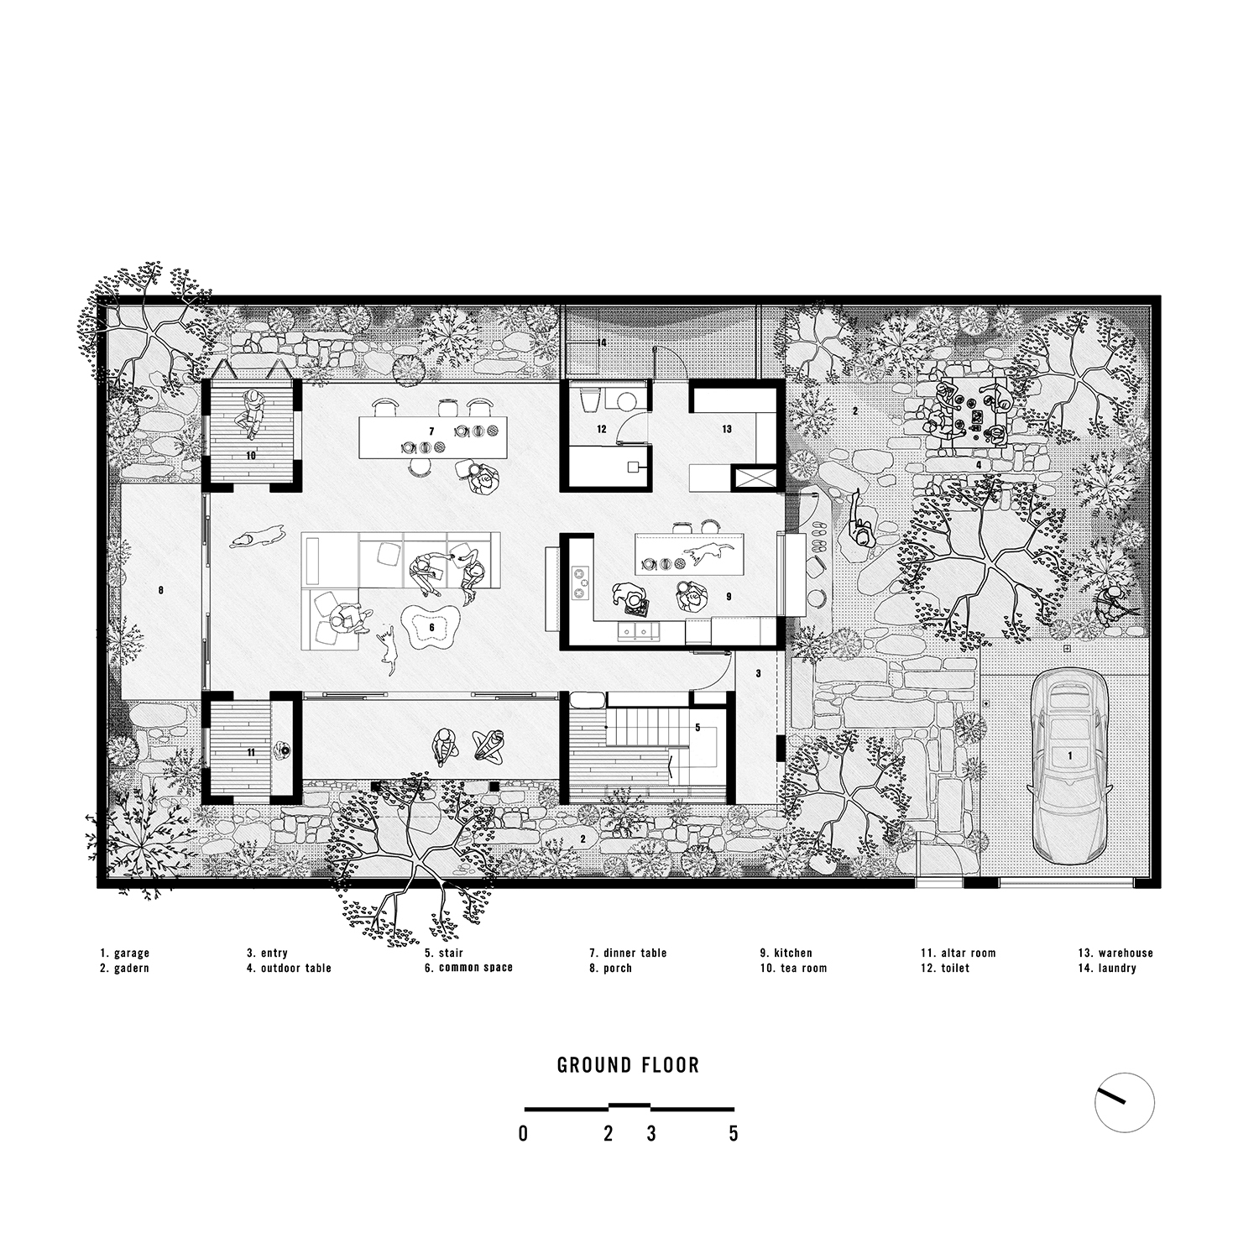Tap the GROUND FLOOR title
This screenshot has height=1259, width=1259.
tap(629, 1066)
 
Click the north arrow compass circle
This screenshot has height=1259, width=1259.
tap(1125, 1102)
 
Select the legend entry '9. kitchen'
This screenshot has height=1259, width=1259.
tap(786, 953)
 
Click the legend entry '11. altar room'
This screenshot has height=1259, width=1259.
tap(958, 953)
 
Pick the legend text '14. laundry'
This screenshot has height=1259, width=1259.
tap(1107, 969)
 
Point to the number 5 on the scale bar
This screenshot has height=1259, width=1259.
tap(734, 1134)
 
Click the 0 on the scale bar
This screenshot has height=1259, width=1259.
tap(524, 1134)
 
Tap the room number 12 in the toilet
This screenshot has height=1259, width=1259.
tap(602, 429)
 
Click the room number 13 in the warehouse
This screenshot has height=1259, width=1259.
tap(727, 429)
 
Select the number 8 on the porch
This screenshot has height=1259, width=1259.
tap(160, 590)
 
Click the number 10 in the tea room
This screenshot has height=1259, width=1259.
tap(251, 455)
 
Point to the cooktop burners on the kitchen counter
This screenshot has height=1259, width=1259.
tap(580, 583)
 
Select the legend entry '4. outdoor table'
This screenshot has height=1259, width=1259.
tap(289, 969)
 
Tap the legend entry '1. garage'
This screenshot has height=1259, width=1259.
tap(124, 953)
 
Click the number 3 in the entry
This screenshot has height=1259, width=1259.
tap(758, 673)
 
